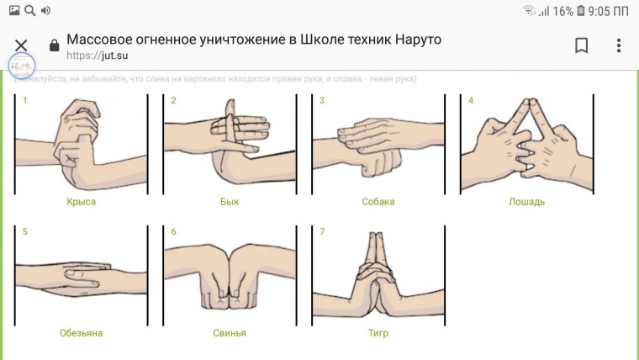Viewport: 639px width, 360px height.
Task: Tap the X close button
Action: [21, 45]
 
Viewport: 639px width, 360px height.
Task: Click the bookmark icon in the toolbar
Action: [581, 45]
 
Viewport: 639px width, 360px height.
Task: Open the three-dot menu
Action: [619, 45]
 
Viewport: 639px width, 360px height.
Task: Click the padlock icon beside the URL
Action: [55, 46]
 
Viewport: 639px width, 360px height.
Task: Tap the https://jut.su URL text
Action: [90, 56]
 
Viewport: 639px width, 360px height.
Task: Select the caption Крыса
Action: [82, 202]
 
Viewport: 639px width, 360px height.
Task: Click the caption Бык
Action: [230, 202]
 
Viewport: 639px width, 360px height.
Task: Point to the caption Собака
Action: [378, 202]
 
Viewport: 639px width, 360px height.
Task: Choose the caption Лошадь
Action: [527, 202]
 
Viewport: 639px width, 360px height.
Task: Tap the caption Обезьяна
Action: [82, 333]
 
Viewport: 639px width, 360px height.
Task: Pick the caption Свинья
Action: [230, 333]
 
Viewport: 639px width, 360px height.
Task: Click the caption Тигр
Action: [378, 333]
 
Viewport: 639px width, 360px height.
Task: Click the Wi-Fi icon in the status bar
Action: [530, 11]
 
